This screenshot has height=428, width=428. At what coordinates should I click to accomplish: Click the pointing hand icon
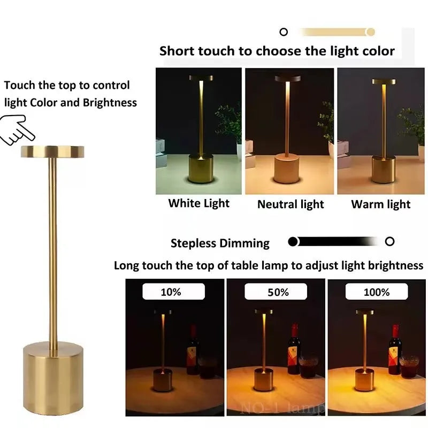17,129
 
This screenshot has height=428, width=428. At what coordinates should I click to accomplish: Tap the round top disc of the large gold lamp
52,151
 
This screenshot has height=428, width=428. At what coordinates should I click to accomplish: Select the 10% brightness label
171,292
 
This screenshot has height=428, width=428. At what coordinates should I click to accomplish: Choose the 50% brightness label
278,292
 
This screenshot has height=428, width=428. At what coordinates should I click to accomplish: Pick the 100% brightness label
377,292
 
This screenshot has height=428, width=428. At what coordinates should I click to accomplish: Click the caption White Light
198,203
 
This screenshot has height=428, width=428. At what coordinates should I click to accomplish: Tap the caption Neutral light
291,204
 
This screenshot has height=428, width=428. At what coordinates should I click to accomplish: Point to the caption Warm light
381,204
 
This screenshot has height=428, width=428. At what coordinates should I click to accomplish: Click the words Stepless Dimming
220,243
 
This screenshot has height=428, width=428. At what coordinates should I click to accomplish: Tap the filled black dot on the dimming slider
293,242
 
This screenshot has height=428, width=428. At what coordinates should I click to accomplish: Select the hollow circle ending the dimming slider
389,241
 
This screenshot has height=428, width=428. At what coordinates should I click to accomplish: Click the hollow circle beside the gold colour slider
284,32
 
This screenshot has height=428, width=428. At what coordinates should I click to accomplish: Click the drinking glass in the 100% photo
409,366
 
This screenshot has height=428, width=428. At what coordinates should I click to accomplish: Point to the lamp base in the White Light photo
201,169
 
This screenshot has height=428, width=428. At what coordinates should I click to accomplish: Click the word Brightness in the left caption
110,103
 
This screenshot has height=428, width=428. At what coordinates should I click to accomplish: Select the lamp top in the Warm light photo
384,81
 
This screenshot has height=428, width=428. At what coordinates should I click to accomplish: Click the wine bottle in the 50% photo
294,349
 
